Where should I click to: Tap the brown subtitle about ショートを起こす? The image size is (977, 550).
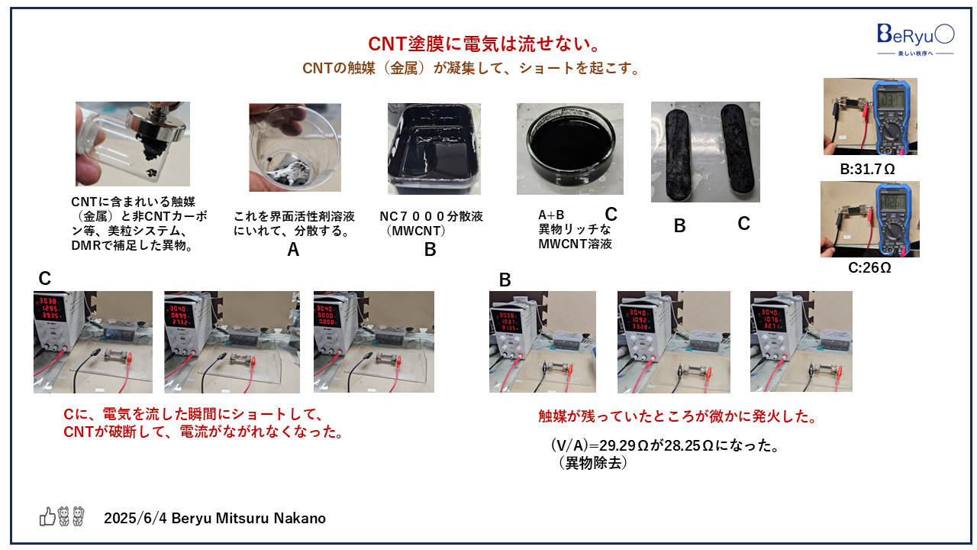(x=470, y=68)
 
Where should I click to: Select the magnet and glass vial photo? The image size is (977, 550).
(x=132, y=144)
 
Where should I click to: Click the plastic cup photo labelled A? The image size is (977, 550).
(x=295, y=147)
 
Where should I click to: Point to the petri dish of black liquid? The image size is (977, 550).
(x=569, y=148)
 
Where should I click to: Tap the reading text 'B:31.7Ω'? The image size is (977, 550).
(x=868, y=169)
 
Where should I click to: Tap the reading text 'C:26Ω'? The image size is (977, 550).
(x=869, y=268)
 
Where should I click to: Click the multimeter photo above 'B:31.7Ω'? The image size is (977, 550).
(x=870, y=116)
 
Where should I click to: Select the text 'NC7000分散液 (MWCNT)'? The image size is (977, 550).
(x=431, y=223)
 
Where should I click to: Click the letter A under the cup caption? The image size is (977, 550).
(x=293, y=249)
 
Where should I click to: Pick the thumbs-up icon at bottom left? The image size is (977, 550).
(x=47, y=517)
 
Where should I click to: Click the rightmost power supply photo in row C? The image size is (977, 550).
(x=373, y=341)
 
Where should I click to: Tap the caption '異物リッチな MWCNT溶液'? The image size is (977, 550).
(x=575, y=237)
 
